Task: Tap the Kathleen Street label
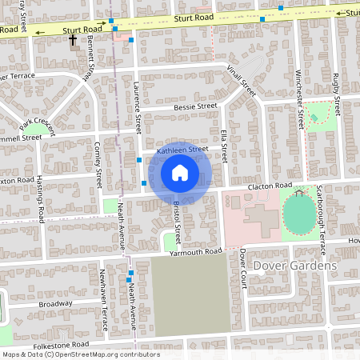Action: (x=182, y=150)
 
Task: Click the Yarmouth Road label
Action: (x=195, y=252)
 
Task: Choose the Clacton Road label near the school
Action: (x=270, y=186)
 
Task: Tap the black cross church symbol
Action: (x=72, y=39)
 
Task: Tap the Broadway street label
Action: (x=55, y=304)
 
